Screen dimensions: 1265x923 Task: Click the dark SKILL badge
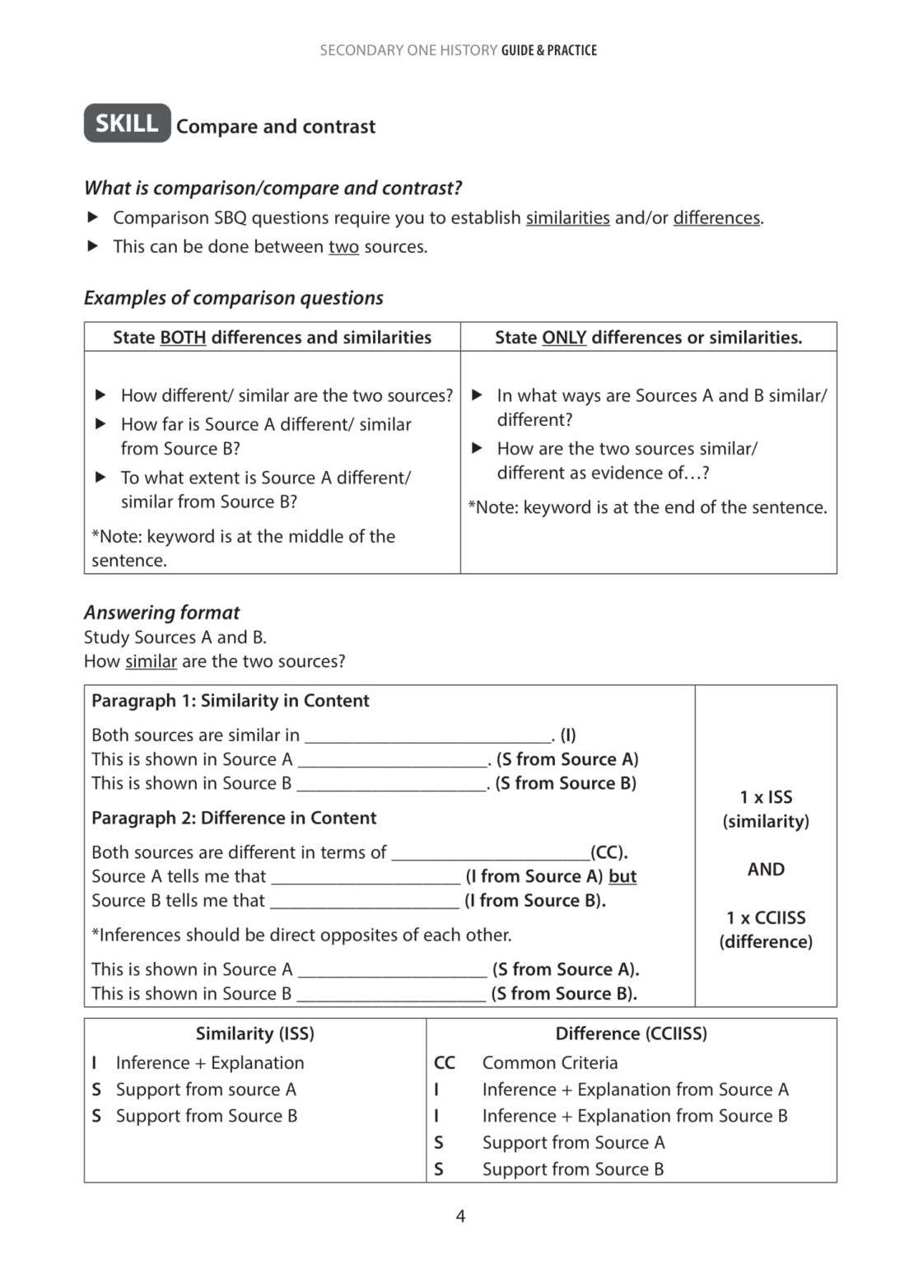(127, 123)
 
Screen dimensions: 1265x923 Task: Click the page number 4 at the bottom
(460, 1216)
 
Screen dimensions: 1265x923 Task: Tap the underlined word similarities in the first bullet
(567, 217)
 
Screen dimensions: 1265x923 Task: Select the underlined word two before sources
(343, 246)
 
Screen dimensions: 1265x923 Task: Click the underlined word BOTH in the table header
(183, 337)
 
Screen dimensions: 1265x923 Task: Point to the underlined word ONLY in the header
(564, 337)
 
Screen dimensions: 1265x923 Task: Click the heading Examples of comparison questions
(234, 297)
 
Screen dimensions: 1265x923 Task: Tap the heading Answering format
(161, 612)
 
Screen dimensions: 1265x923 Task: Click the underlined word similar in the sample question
(151, 661)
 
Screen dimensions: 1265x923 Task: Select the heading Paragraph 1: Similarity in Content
(230, 700)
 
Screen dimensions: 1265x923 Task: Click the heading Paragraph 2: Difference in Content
(234, 818)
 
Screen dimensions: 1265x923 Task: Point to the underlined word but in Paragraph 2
(622, 876)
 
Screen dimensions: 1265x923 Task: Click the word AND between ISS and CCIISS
(766, 869)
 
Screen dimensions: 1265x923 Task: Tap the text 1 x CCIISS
(766, 917)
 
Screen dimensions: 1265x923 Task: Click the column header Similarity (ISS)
(254, 1033)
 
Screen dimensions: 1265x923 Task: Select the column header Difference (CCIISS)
(631, 1033)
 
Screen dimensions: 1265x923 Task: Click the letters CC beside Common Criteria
(444, 1062)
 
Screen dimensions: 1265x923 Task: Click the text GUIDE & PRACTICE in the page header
(548, 50)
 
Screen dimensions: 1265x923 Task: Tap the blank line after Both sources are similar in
(428, 735)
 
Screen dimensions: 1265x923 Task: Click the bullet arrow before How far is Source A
(100, 424)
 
